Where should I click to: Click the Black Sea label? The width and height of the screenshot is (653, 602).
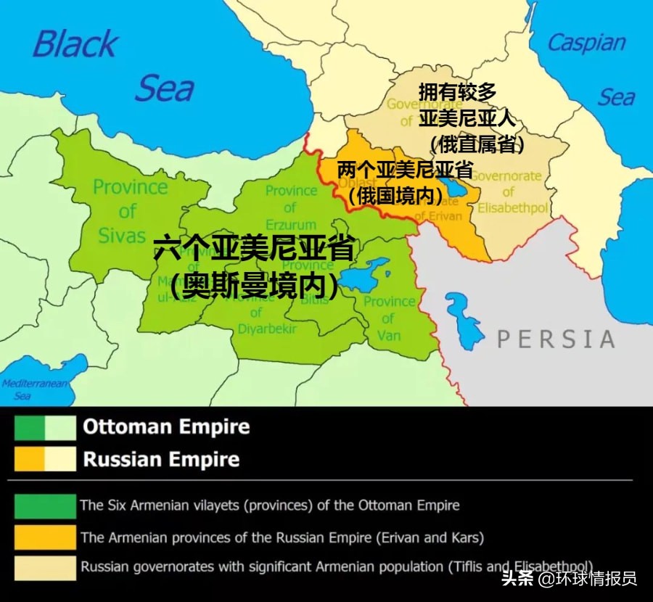click(112, 65)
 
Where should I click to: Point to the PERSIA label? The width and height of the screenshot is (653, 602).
click(555, 339)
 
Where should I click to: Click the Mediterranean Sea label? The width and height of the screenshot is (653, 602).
click(34, 389)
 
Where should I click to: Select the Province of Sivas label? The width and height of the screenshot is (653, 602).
click(129, 210)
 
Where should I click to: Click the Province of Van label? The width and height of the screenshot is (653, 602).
click(389, 318)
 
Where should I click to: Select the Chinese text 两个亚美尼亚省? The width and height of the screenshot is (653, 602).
click(404, 170)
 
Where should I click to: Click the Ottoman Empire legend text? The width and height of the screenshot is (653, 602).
click(166, 427)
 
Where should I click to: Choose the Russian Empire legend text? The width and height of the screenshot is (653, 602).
click(161, 459)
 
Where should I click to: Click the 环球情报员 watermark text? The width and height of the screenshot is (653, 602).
click(596, 578)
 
